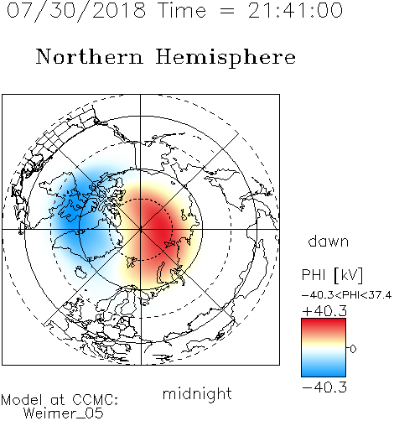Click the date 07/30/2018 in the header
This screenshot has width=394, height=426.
coord(76,11)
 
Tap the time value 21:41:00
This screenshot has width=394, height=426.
coord(295,10)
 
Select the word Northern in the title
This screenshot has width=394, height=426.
coord(90,56)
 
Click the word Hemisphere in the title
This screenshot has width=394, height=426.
coord(226,58)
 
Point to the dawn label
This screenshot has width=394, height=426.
coord(329,241)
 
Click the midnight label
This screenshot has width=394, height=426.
coord(197,393)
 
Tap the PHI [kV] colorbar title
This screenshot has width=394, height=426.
coord(332,275)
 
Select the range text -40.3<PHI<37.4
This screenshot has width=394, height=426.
coord(346,295)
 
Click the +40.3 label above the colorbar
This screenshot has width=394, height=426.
coord(324,311)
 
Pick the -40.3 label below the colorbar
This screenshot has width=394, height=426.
coord(324,387)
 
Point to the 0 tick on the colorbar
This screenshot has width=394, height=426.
coord(353,349)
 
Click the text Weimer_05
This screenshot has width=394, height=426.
coord(64,413)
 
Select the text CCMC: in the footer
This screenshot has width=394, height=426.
coord(96,400)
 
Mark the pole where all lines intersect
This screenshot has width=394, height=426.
coord(141,230)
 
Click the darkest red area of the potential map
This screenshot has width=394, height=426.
coord(159,224)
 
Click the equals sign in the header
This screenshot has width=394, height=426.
coord(227,12)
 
